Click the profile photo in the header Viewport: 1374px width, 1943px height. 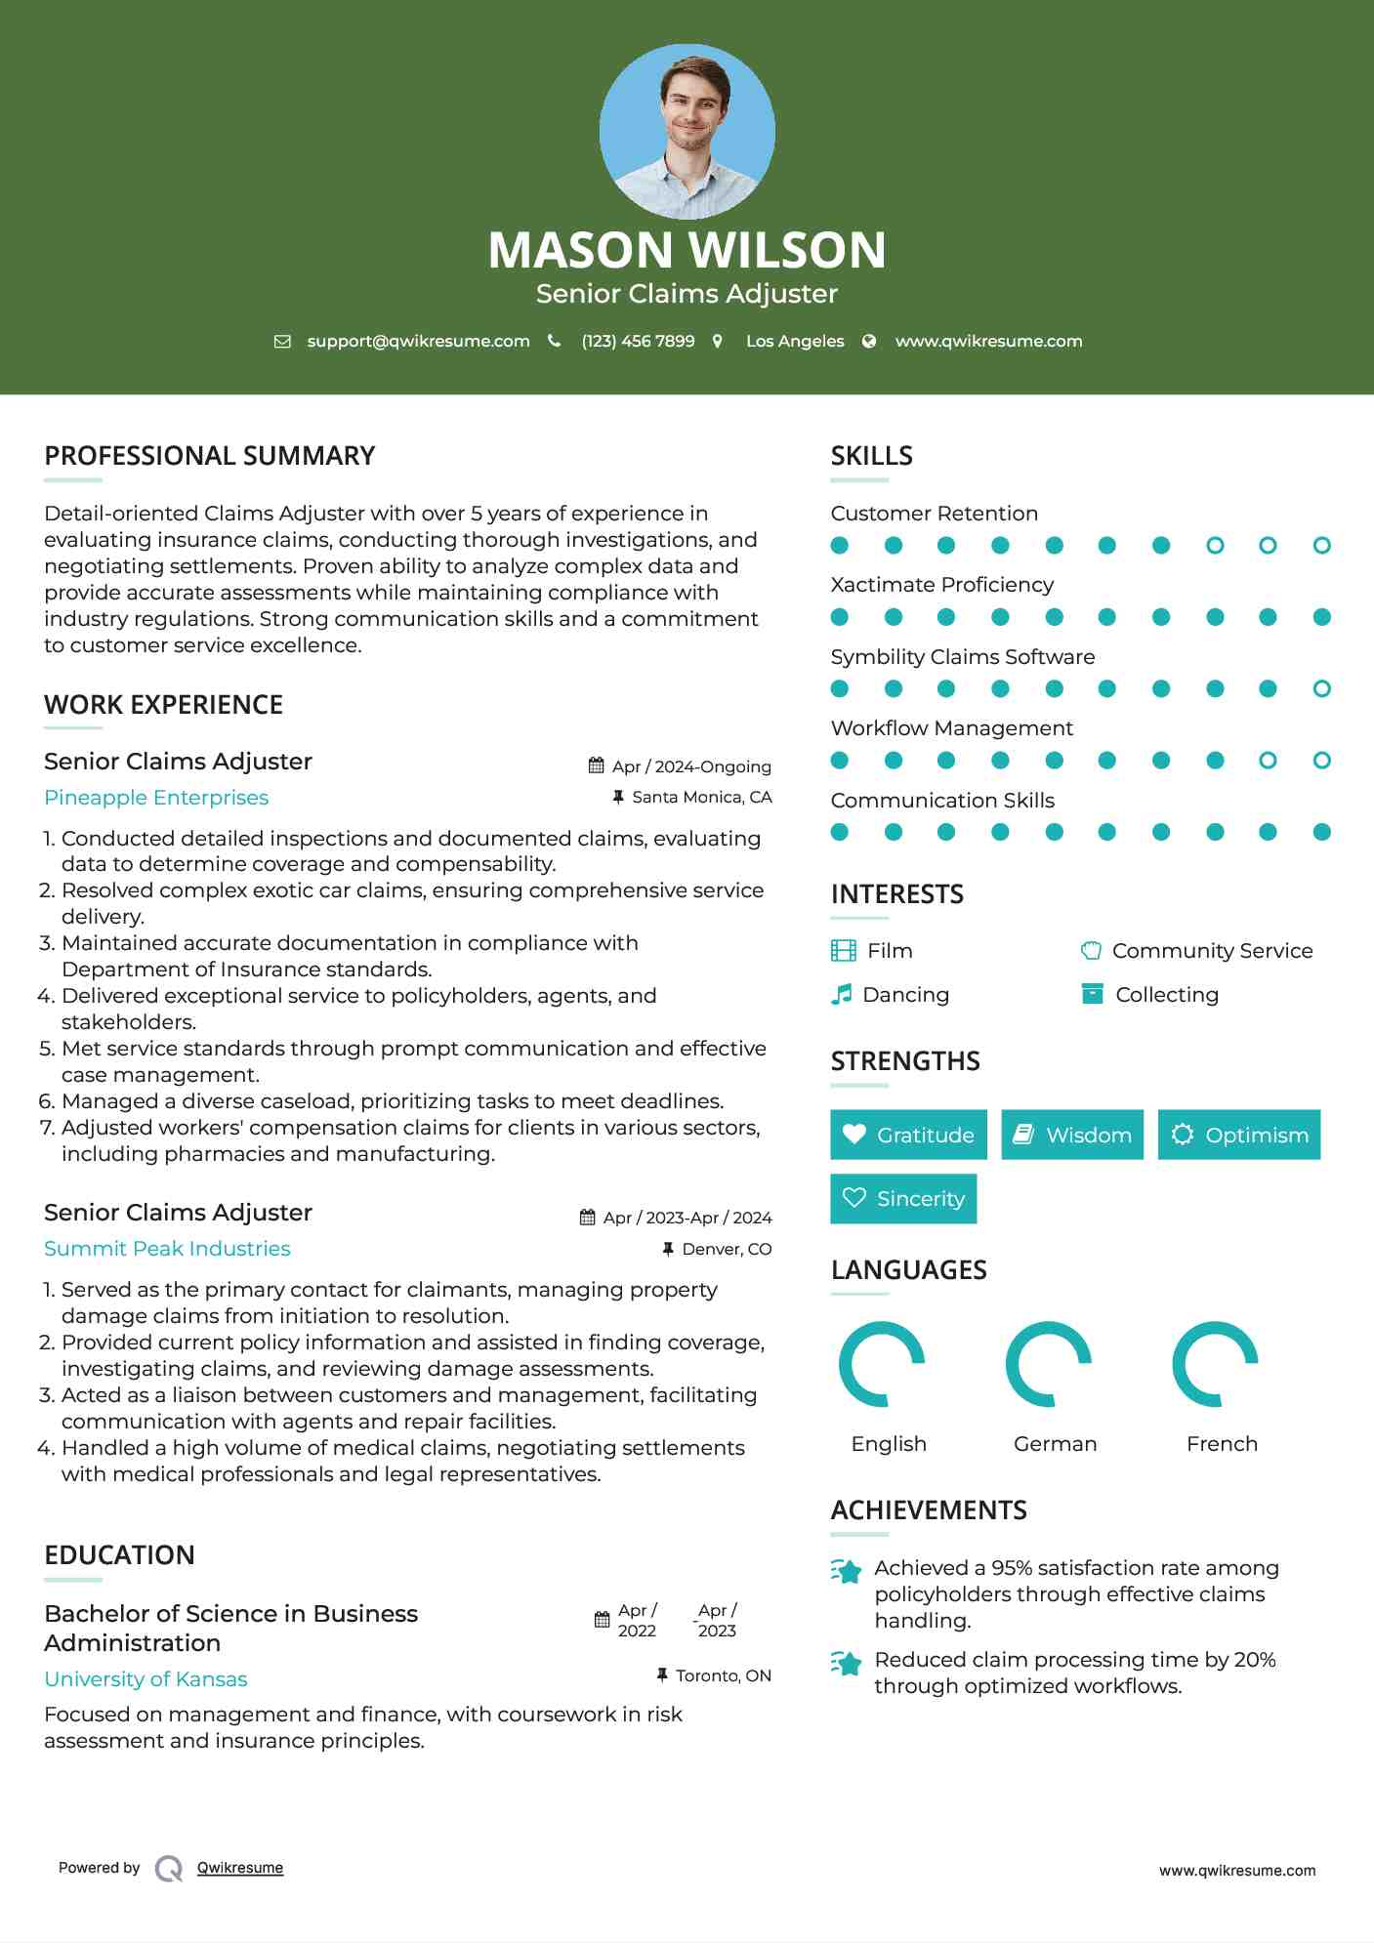pyautogui.click(x=687, y=131)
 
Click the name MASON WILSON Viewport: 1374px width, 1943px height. pyautogui.click(x=687, y=250)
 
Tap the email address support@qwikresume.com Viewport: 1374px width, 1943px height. pyautogui.click(x=418, y=341)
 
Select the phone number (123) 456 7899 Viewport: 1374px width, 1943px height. pyautogui.click(x=638, y=341)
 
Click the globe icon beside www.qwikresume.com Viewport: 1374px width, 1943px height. pyautogui.click(x=869, y=341)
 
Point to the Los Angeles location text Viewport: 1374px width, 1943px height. pyautogui.click(x=795, y=341)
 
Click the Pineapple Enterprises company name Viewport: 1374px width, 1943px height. pyautogui.click(x=156, y=798)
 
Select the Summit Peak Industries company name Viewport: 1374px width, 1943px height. pyautogui.click(x=167, y=1249)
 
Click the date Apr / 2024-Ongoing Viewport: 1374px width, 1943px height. pyautogui.click(x=691, y=766)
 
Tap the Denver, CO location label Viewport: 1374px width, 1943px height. pyautogui.click(x=727, y=1249)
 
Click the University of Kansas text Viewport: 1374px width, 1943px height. pyautogui.click(x=146, y=1679)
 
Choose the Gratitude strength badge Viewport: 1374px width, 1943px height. pyautogui.click(x=908, y=1135)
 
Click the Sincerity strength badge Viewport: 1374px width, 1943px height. pyautogui.click(x=903, y=1198)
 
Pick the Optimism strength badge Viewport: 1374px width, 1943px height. pyautogui.click(x=1238, y=1135)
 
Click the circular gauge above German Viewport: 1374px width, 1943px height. pyautogui.click(x=1048, y=1364)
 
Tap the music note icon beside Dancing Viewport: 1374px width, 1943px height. pyautogui.click(x=841, y=995)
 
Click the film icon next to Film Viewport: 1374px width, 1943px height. pyautogui.click(x=843, y=951)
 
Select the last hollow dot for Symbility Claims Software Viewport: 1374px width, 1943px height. pyautogui.click(x=1321, y=689)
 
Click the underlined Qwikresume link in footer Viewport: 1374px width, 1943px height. pyautogui.click(x=240, y=1868)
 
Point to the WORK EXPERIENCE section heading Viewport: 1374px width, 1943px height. pyautogui.click(x=163, y=705)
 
